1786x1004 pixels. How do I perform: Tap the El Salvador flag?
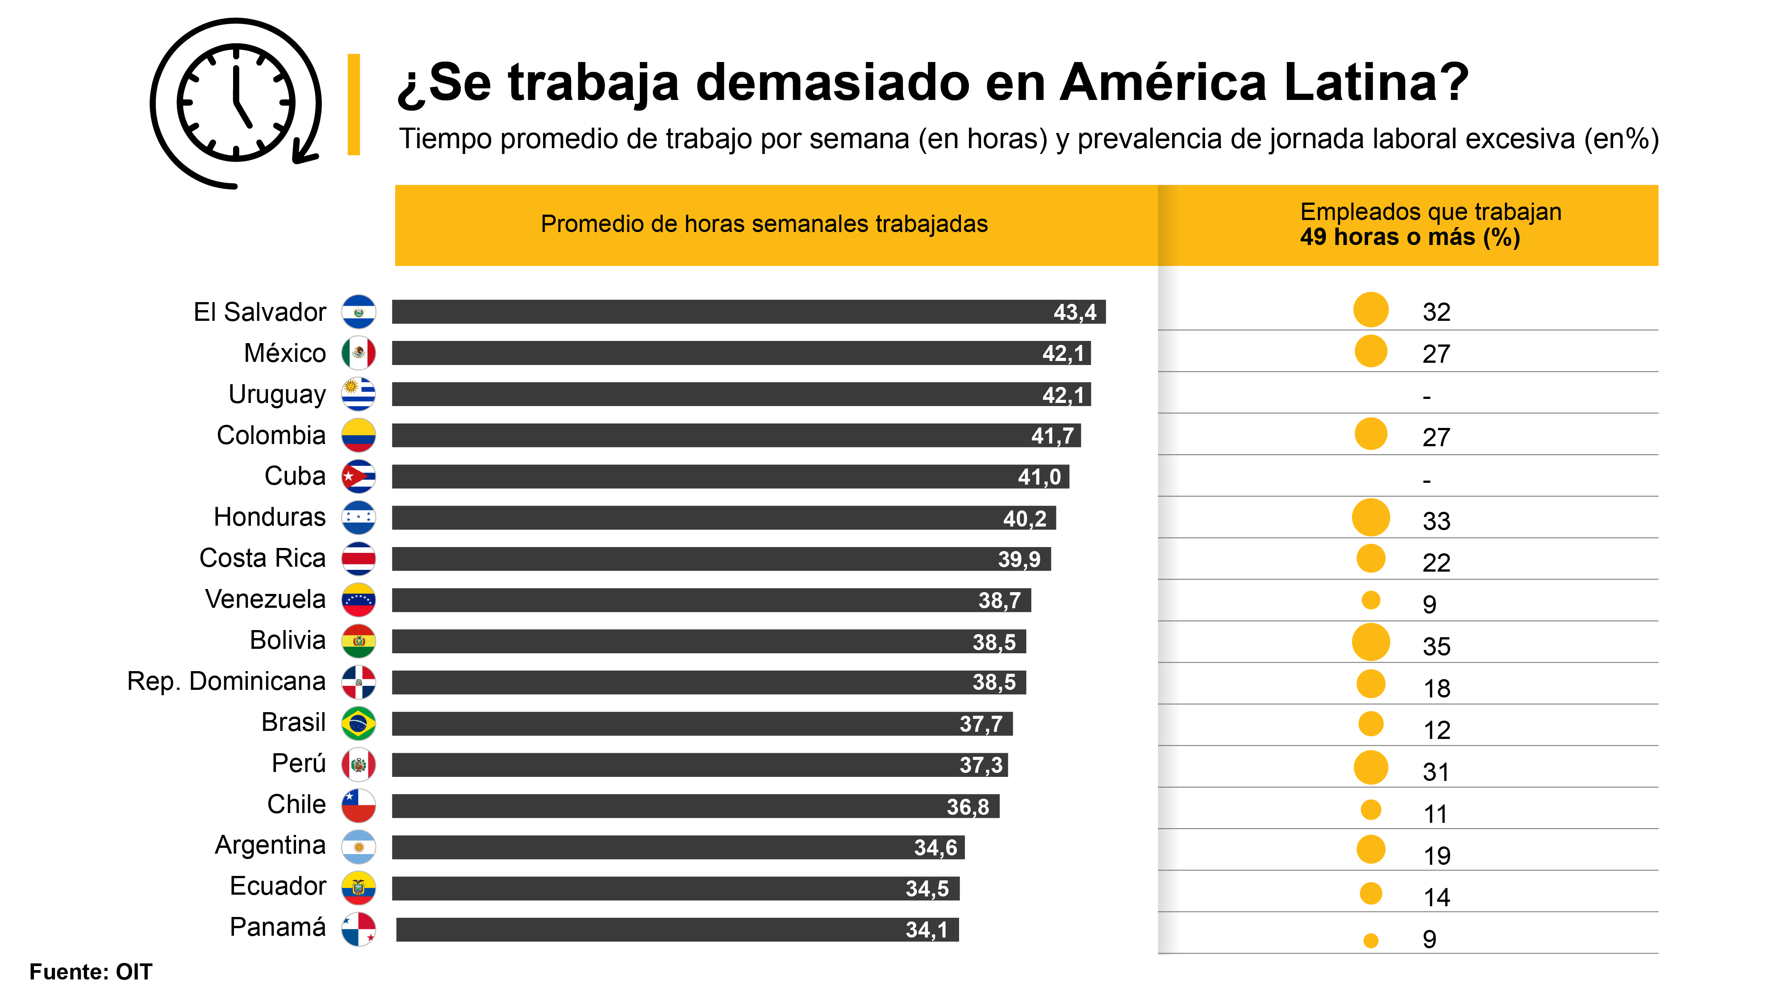359,312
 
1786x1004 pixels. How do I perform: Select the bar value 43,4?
1075,312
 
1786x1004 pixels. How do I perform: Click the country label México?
284,353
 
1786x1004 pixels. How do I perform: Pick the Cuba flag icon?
359,477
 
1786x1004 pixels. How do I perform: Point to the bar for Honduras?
723,518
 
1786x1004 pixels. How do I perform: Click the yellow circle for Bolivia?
1371,642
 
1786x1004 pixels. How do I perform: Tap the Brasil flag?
359,723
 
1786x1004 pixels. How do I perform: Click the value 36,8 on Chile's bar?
968,806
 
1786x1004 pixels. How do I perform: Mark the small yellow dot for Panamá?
1371,940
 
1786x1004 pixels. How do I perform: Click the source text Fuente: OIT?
90,972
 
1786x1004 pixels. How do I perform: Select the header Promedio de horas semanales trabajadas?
764,224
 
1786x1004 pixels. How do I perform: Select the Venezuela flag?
359,600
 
